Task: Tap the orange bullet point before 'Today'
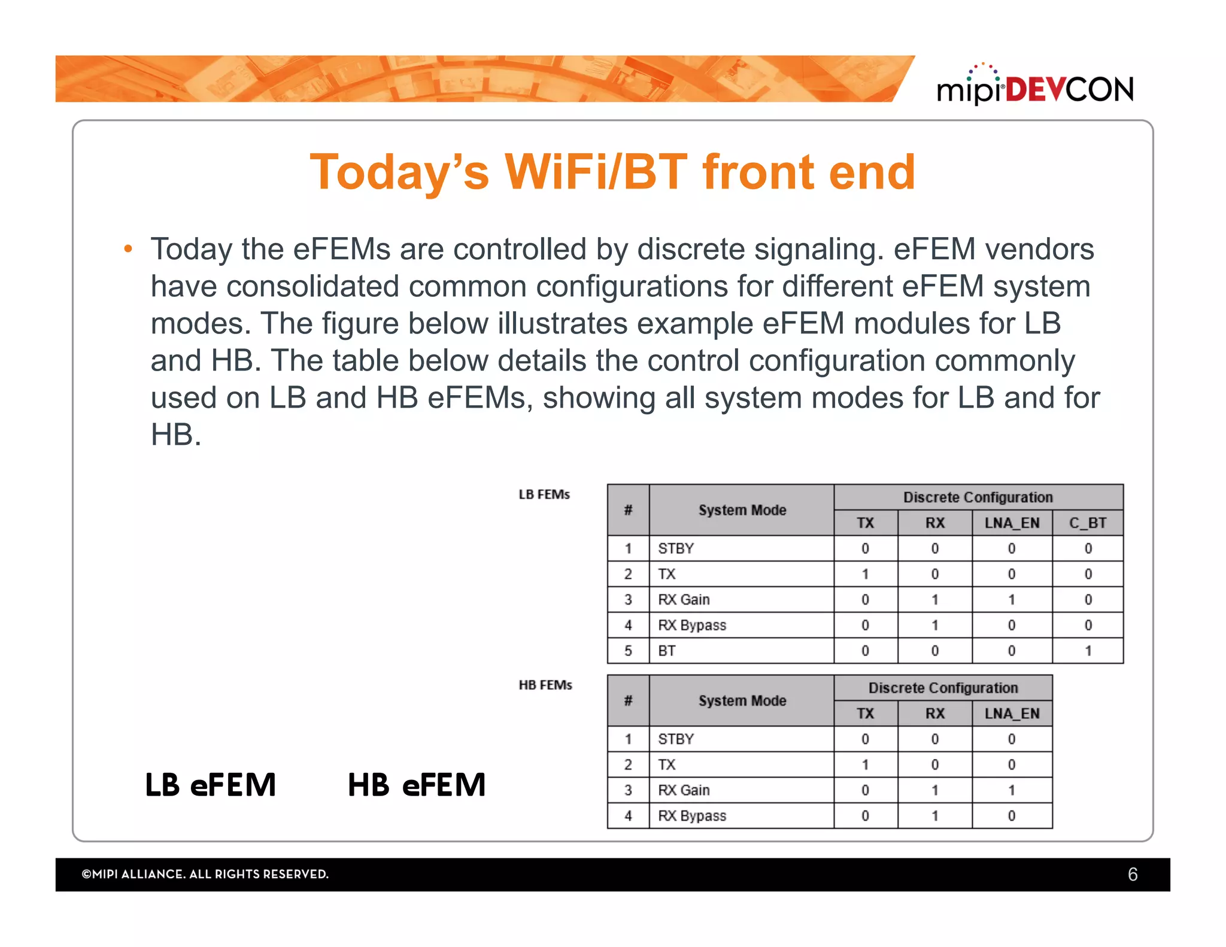[x=128, y=250]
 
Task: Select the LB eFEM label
[x=211, y=785]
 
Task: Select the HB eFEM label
[x=417, y=785]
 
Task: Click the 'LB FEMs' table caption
[x=544, y=494]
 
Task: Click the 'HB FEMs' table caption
[x=545, y=685]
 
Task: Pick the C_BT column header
[x=1087, y=523]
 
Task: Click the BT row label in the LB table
[x=667, y=651]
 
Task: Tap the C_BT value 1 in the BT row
[x=1088, y=651]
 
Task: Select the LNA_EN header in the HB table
[x=1012, y=714]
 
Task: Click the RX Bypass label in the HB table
[x=692, y=816]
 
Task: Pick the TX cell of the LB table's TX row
[x=865, y=574]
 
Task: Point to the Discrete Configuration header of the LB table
[x=978, y=497]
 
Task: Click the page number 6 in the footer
[x=1132, y=875]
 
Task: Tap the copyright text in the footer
[x=205, y=875]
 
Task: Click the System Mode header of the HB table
[x=742, y=701]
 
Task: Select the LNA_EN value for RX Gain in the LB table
[x=1011, y=600]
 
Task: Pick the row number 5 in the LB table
[x=628, y=651]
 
